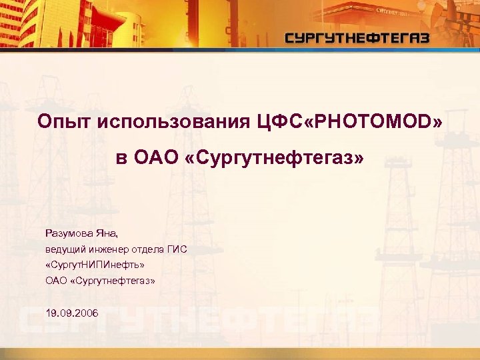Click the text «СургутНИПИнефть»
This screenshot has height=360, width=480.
point(95,265)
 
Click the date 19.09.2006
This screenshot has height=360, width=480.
point(71,313)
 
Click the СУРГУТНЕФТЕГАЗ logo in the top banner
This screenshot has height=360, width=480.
point(357,38)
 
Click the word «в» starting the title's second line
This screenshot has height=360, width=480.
point(121,159)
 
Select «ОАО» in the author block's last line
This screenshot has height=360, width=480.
point(56,281)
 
